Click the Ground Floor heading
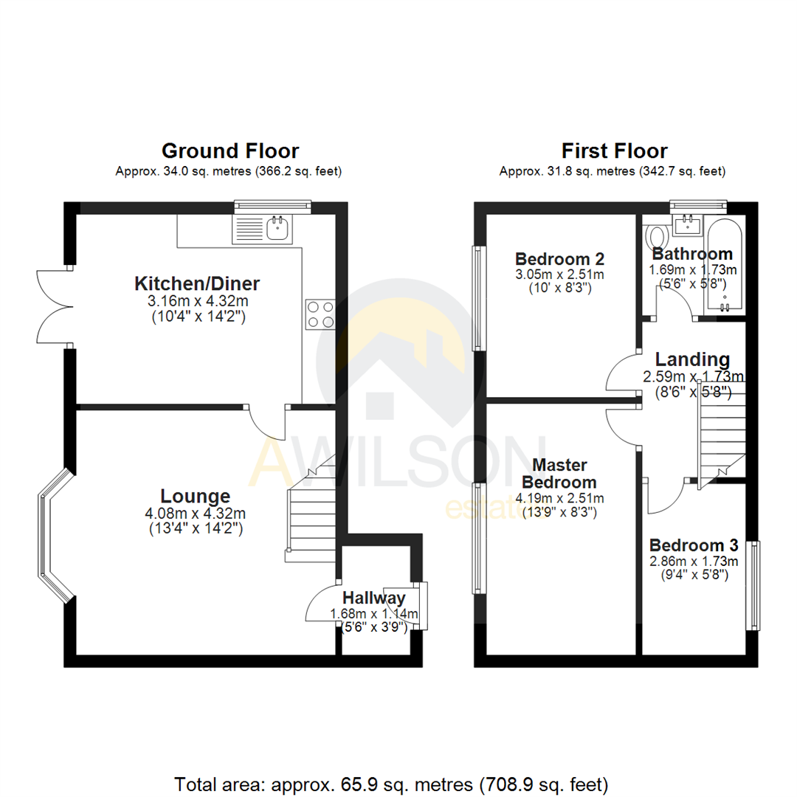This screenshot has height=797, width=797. pyautogui.click(x=230, y=151)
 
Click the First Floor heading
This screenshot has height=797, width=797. pyautogui.click(x=614, y=151)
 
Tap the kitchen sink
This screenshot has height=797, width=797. pyautogui.click(x=277, y=229)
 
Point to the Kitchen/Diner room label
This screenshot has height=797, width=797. pyautogui.click(x=197, y=283)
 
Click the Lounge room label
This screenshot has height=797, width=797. pyautogui.click(x=196, y=496)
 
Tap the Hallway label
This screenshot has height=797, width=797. pyautogui.click(x=373, y=598)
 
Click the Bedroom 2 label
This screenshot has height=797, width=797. pyautogui.click(x=559, y=259)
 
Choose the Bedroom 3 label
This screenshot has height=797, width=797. pyautogui.click(x=693, y=545)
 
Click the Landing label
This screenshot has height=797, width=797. pyautogui.click(x=692, y=359)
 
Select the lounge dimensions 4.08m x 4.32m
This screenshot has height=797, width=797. pyautogui.click(x=196, y=514)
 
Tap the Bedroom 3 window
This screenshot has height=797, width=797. pyautogui.click(x=753, y=585)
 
